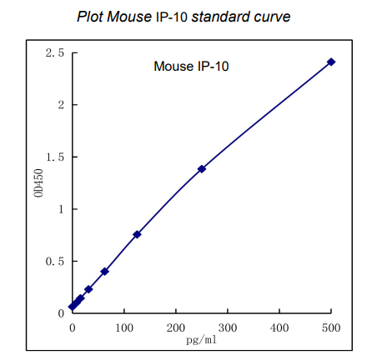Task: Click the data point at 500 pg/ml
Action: point(331,62)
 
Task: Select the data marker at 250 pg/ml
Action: point(202,169)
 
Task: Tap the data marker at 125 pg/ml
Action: point(137,234)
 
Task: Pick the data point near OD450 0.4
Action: point(104,271)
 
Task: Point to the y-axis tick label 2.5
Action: point(55,53)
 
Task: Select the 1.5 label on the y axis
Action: point(55,157)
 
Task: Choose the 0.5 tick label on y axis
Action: point(55,262)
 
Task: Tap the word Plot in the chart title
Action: point(89,17)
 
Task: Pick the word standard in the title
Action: point(219,17)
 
